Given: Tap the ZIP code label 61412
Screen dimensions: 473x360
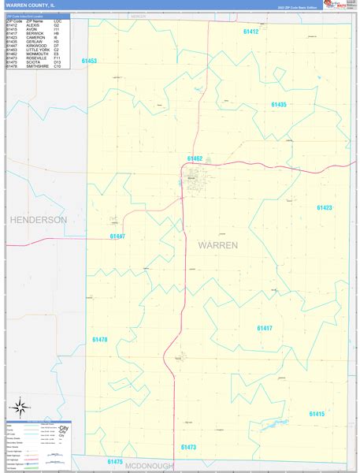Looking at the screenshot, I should click(251, 32).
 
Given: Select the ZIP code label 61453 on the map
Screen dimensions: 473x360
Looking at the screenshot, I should click(89, 61).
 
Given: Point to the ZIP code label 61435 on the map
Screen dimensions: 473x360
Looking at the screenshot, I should click(279, 105).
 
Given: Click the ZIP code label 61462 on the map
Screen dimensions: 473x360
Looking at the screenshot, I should click(195, 158).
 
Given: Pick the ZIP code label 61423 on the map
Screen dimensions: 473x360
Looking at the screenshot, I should click(325, 208).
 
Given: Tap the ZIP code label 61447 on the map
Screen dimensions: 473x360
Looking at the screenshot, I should click(118, 236).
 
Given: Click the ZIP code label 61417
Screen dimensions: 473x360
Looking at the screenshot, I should click(265, 327).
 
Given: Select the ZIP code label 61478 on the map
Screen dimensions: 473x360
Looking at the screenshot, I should click(99, 339).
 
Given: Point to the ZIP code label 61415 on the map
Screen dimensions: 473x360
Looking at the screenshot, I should click(317, 413).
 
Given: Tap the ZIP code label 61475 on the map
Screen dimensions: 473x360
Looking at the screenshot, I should click(115, 461).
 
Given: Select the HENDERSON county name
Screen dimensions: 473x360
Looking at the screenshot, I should click(38, 219).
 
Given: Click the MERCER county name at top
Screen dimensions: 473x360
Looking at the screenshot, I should click(139, 16).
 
